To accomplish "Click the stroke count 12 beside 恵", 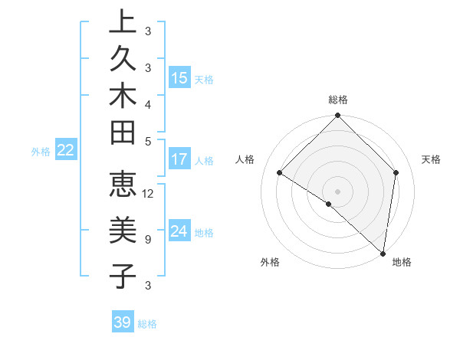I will click(x=149, y=194).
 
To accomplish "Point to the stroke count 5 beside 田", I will click(x=147, y=142).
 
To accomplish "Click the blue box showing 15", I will click(x=179, y=78).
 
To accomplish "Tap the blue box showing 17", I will click(x=179, y=160).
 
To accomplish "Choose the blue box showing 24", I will click(x=179, y=232).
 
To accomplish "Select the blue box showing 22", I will click(x=66, y=151).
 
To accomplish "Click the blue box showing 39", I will click(x=123, y=322).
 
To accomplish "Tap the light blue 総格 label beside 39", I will click(x=148, y=324).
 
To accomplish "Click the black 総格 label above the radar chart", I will click(x=338, y=100).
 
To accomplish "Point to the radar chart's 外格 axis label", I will click(x=270, y=262).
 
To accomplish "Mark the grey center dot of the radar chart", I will click(x=337, y=191).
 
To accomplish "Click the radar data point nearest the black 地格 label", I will click(x=383, y=253).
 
